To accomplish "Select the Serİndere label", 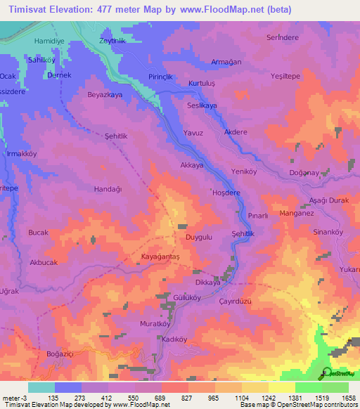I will pos(282,37).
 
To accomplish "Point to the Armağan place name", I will pos(226,62).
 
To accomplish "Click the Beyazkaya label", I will pos(104,94).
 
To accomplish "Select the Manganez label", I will pos(297,213).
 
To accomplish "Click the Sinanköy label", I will pos(328,231).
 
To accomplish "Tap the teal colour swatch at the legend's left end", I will pos(41,387).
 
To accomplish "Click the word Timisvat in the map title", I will pos(28,10).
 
